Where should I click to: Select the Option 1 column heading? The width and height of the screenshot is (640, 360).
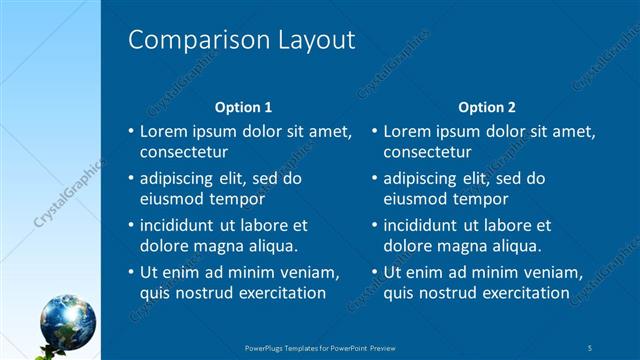(243, 107)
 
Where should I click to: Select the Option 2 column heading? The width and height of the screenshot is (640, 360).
(486, 107)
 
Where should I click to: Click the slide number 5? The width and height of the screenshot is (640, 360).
(591, 347)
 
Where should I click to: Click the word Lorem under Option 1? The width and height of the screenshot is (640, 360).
(164, 131)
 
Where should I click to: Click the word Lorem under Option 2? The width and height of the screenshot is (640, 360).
(408, 131)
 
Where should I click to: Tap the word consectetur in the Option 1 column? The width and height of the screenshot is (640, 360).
(184, 153)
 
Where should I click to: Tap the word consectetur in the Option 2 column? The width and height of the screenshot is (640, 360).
(428, 153)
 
